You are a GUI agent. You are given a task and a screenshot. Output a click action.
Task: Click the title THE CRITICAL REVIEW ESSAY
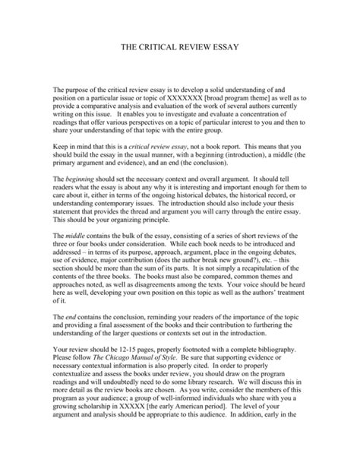click(x=180, y=47)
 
